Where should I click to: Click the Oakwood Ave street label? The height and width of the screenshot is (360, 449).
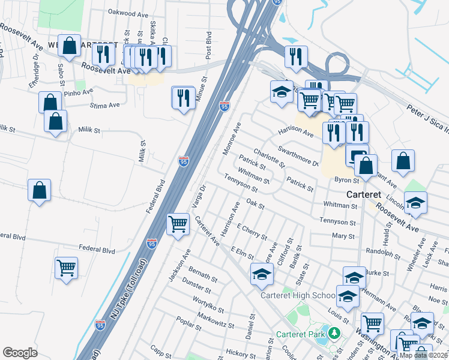[128, 12]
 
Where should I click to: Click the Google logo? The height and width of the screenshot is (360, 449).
[20, 353]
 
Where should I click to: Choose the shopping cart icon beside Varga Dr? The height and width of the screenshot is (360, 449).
[178, 224]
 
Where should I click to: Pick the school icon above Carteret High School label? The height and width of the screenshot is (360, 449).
[261, 274]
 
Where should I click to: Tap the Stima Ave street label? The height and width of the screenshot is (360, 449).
[104, 106]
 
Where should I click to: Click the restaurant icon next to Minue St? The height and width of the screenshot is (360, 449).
[184, 97]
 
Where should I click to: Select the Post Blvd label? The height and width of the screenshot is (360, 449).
[209, 45]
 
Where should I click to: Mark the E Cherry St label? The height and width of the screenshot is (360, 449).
[252, 232]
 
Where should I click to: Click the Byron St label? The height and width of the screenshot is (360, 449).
[346, 179]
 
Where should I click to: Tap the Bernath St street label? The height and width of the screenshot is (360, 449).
[202, 276]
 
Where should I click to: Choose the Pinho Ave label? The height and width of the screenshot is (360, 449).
[79, 92]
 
